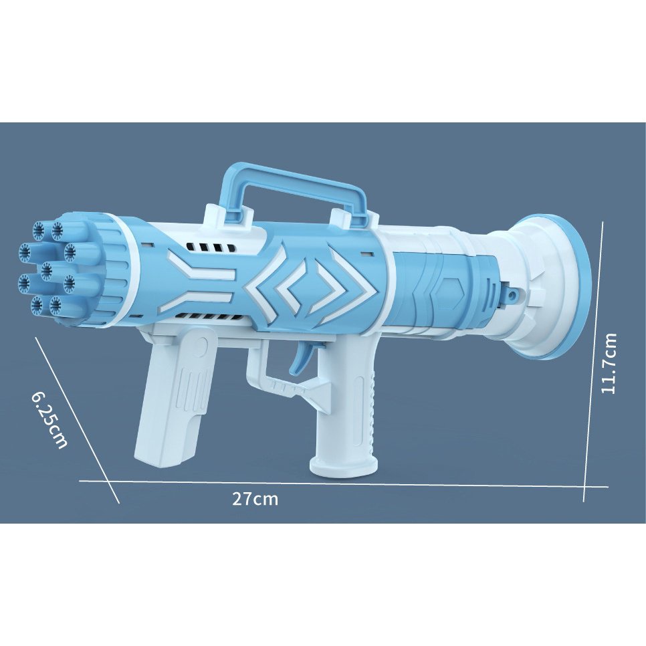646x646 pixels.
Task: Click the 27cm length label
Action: pyautogui.click(x=255, y=499)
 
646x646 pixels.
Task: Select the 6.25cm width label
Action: pyautogui.click(x=49, y=419)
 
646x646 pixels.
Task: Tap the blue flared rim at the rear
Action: pyautogui.click(x=581, y=284)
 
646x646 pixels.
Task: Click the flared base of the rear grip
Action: pyautogui.click(x=343, y=465)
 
